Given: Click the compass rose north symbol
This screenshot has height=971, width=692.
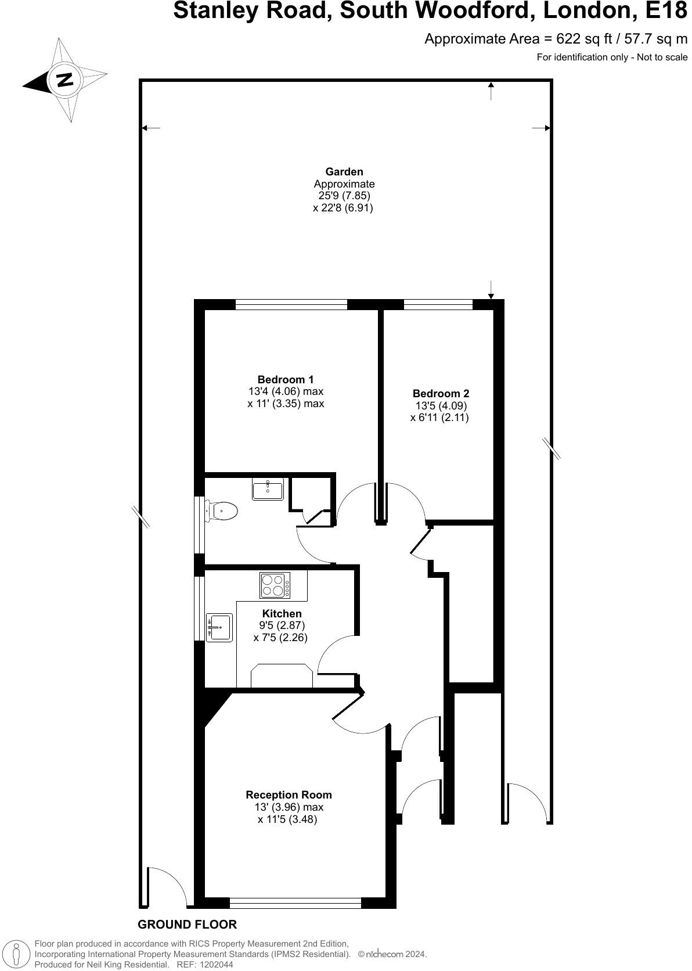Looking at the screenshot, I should pyautogui.click(x=64, y=80).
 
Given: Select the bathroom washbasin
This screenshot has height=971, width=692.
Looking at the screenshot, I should pyautogui.click(x=268, y=490).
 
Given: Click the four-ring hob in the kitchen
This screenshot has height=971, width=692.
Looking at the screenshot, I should pyautogui.click(x=276, y=585).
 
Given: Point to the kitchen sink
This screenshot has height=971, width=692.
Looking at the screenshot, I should pyautogui.click(x=219, y=628).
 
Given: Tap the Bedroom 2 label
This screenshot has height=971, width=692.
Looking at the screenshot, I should pyautogui.click(x=441, y=393).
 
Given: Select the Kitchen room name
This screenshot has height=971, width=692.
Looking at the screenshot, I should pyautogui.click(x=282, y=613).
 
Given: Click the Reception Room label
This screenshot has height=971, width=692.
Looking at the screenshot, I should pyautogui.click(x=289, y=794).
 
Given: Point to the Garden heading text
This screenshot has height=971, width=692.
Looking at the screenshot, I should pyautogui.click(x=344, y=171).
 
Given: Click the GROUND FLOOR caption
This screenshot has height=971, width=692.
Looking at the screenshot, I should pyautogui.click(x=187, y=925).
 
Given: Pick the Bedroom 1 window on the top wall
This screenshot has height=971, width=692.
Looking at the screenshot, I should pyautogui.click(x=291, y=304).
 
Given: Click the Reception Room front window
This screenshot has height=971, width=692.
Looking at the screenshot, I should pyautogui.click(x=295, y=903).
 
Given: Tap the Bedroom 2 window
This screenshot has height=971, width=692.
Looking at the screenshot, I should pyautogui.click(x=438, y=304).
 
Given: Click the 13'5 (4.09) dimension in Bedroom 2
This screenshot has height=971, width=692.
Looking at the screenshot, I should pyautogui.click(x=441, y=405).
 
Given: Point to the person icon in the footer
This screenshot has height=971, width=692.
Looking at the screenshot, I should pyautogui.click(x=17, y=954).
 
